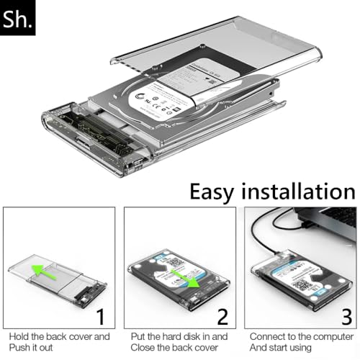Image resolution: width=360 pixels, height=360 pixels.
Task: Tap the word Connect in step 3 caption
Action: point(269,336)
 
